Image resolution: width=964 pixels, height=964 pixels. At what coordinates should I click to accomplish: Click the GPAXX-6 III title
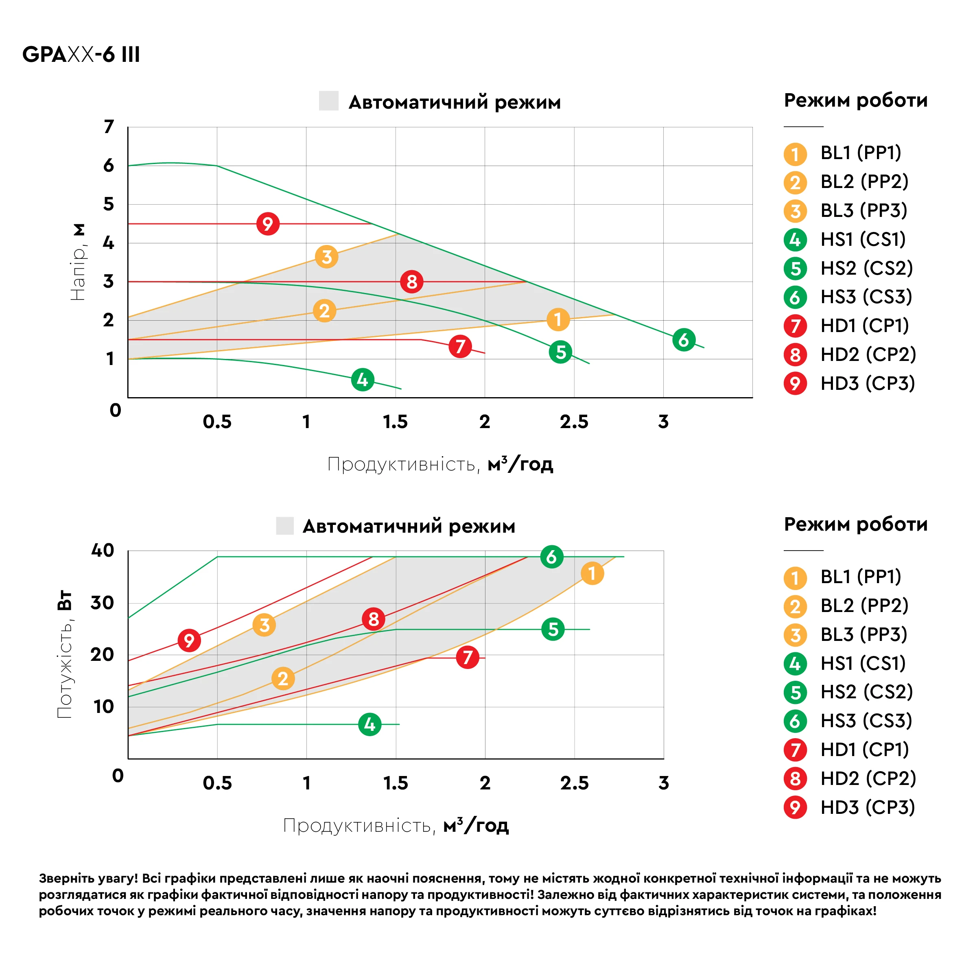point(81,54)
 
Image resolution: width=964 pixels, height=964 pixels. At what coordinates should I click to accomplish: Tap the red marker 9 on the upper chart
point(268,223)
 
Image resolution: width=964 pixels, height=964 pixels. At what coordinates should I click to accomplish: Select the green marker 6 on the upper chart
point(684,340)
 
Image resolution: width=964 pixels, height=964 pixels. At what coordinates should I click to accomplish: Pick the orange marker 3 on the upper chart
point(326,257)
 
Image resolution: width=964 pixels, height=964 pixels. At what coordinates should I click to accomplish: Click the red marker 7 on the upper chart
point(460,346)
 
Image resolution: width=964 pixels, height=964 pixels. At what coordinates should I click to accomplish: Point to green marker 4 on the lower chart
point(370,724)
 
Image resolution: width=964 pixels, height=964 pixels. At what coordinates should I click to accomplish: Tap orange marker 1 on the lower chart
point(592,573)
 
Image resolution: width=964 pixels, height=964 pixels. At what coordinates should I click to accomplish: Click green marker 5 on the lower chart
point(553,629)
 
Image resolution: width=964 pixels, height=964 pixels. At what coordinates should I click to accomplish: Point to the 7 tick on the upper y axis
point(109,127)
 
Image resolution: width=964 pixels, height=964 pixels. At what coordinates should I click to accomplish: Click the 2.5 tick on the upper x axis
point(574,422)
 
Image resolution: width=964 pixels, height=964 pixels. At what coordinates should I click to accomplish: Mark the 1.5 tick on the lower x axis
point(395,783)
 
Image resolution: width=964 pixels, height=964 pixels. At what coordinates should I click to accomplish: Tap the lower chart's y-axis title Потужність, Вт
point(64,654)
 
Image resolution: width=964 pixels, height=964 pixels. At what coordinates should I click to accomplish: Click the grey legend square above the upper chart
point(329,101)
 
